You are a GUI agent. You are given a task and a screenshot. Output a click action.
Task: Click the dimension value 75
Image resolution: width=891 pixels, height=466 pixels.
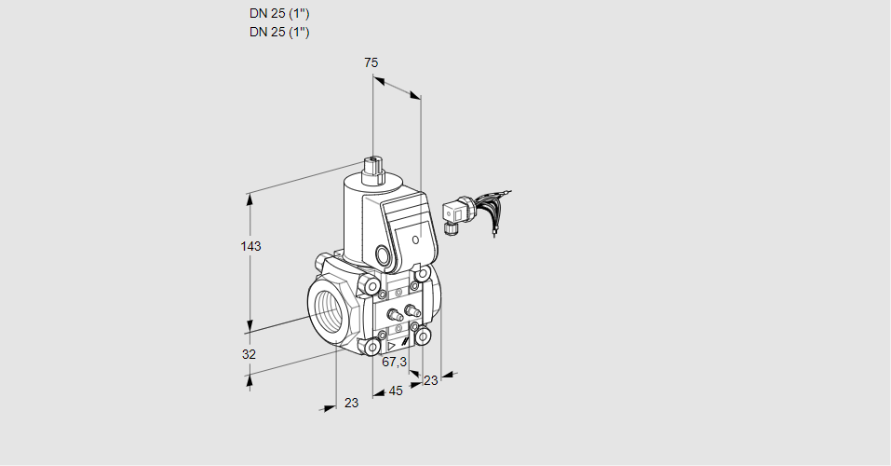[x=371, y=62]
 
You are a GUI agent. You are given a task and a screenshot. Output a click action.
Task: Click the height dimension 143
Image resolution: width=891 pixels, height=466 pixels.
[x=250, y=246]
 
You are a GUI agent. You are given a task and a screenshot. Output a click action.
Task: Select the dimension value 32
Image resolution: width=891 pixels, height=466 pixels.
[x=249, y=354]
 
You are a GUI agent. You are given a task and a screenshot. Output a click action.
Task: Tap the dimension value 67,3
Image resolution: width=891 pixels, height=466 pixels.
[x=395, y=362]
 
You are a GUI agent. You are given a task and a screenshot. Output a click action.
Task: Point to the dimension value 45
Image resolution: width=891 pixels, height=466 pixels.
[x=396, y=391]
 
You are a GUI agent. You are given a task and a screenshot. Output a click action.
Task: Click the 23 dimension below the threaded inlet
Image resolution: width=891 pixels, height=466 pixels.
[x=350, y=403]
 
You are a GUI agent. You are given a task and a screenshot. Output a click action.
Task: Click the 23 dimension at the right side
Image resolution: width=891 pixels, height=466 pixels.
[x=430, y=380]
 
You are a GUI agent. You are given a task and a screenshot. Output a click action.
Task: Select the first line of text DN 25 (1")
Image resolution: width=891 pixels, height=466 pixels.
[x=279, y=13]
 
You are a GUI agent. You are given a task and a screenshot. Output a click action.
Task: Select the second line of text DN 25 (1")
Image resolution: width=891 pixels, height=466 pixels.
[x=279, y=32]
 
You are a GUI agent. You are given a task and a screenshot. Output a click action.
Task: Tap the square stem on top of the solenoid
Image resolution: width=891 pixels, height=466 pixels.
[x=374, y=169]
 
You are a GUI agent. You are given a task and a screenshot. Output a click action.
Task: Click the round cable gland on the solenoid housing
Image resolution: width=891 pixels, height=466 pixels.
[x=384, y=254]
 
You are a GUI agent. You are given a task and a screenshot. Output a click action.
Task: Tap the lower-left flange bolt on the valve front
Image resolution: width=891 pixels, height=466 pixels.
[x=372, y=348]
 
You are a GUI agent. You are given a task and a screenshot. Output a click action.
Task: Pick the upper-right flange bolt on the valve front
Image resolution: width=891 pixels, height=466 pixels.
[x=424, y=275]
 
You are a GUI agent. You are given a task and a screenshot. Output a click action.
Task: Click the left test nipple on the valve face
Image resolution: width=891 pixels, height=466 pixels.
[x=393, y=315]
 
